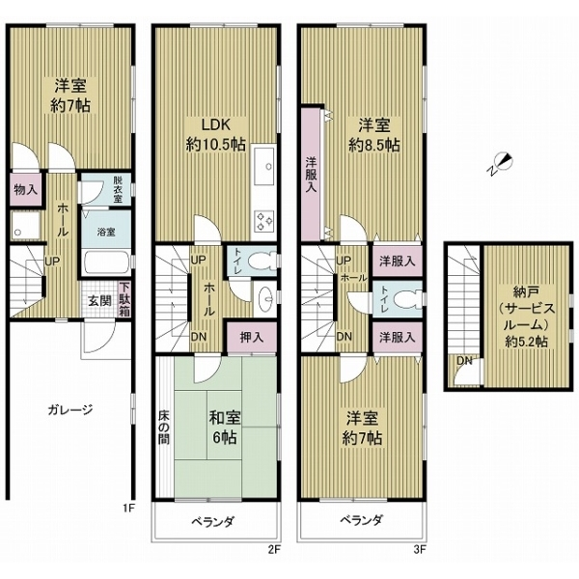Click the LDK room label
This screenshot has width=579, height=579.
(x=214, y=134)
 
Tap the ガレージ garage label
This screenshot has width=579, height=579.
(x=69, y=409)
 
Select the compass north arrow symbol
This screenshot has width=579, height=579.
(x=501, y=165)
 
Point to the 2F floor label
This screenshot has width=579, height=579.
(x=273, y=552)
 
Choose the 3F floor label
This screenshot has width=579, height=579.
(x=418, y=552)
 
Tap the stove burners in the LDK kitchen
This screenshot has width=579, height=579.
(x=262, y=224)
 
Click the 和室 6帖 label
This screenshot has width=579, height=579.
(x=224, y=427)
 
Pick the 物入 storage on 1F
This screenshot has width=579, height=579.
(x=25, y=189)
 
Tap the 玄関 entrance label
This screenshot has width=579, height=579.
(x=99, y=299)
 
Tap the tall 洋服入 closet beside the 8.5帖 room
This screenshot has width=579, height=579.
(x=312, y=174)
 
